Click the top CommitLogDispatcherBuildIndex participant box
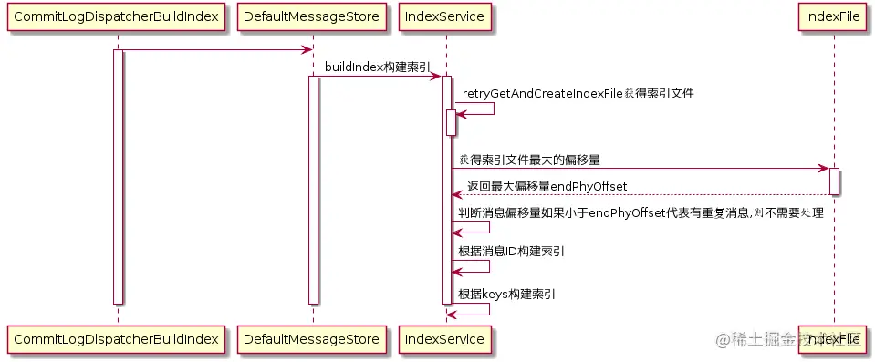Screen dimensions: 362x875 tap(117, 16)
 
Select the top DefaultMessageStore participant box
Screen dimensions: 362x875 tap(312, 16)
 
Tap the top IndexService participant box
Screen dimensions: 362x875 tap(446, 16)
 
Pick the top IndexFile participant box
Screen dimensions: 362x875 tap(834, 16)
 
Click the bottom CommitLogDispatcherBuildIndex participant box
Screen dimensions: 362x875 tap(117, 339)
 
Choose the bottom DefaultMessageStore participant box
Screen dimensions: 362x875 tap(312, 339)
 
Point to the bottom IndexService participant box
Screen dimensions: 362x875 tap(446, 339)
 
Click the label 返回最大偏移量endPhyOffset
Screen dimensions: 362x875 tap(547, 186)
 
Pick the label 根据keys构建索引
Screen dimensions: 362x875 tap(507, 294)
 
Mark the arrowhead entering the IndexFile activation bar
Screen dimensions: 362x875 tap(823, 168)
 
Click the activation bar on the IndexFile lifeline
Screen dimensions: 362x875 tap(834, 181)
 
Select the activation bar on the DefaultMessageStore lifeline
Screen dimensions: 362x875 tap(312, 190)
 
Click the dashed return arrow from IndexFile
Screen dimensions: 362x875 tap(639, 194)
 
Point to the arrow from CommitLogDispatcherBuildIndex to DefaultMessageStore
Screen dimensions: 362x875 tap(214, 49)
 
